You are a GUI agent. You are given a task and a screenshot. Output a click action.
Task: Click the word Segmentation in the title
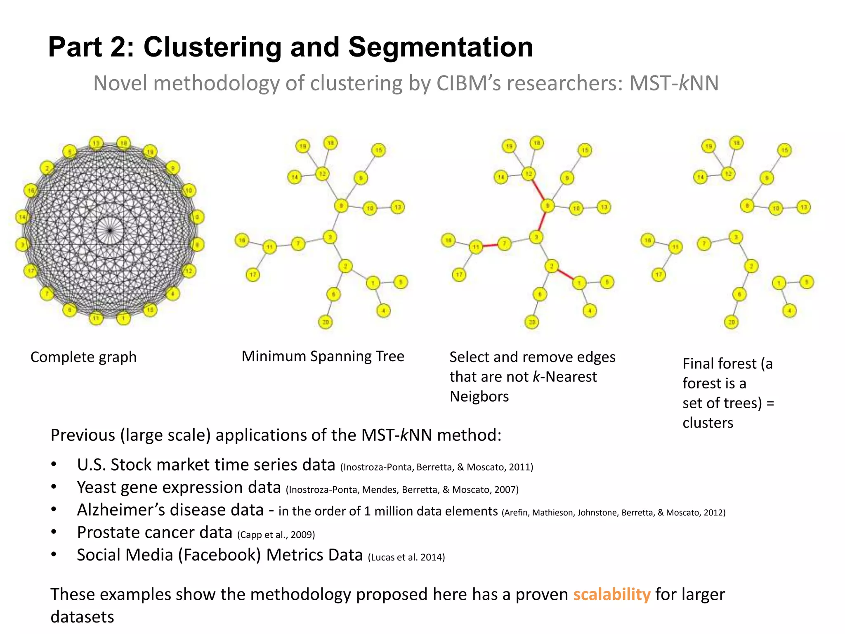point(441,47)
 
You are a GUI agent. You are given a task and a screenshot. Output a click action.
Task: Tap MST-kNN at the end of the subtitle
point(674,83)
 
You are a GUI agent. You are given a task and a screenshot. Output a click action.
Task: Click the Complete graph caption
point(83,357)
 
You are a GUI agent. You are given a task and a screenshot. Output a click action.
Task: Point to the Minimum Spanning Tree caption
point(323,356)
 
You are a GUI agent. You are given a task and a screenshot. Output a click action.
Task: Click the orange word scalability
point(611,594)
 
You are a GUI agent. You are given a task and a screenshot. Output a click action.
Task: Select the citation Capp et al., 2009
point(276,535)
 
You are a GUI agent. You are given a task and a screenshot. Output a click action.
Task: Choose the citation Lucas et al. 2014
point(406,557)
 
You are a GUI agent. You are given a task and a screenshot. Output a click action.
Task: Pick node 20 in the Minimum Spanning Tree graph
point(326,322)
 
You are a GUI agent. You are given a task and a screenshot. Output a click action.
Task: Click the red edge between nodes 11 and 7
point(490,246)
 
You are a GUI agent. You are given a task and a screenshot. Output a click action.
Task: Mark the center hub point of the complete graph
point(110,230)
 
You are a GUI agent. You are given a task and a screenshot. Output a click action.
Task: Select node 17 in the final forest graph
point(659,274)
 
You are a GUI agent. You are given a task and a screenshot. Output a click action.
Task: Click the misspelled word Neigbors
point(479,397)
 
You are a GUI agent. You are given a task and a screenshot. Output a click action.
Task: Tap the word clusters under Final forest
point(708,423)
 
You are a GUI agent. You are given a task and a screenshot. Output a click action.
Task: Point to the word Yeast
point(96,487)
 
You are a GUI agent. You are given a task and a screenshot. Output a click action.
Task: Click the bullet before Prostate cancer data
point(54,532)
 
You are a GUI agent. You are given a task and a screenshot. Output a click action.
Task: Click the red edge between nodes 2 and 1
point(566,274)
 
